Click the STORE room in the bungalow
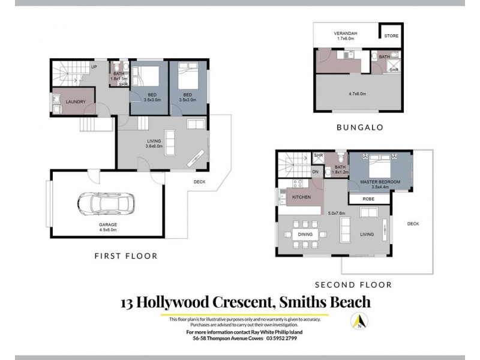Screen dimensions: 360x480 (391, 36)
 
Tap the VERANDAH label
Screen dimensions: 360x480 (344, 34)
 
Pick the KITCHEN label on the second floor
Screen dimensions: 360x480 (301, 197)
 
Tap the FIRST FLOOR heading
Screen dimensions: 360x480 (125, 256)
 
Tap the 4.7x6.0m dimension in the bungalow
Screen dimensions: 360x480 (357, 94)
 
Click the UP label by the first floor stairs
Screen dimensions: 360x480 (94, 67)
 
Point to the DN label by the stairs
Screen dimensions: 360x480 (316, 172)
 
